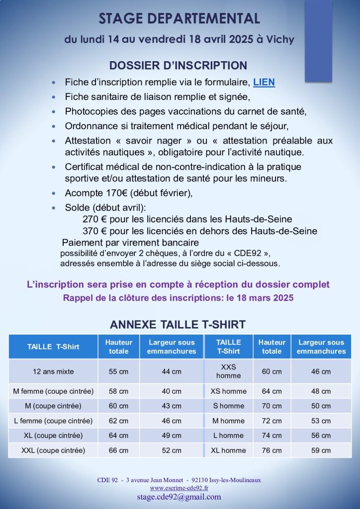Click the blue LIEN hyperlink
pos(264,83)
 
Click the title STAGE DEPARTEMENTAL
pos(180,19)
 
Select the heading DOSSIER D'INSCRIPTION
pos(178,66)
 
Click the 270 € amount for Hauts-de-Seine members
pos(94,219)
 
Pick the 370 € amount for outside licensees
pos(94,231)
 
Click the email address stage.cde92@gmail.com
pos(179,497)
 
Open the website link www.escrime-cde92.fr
pos(179,488)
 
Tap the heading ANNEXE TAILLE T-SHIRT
pos(178,325)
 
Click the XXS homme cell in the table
pos(228,371)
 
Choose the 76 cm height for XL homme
pos(271,450)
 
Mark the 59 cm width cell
pos(321,450)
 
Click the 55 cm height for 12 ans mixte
pos(118,371)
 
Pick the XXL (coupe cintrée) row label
pos(53,450)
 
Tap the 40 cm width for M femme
pos(172,391)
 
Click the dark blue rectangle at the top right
pos(318,41)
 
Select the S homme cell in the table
pos(228,406)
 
